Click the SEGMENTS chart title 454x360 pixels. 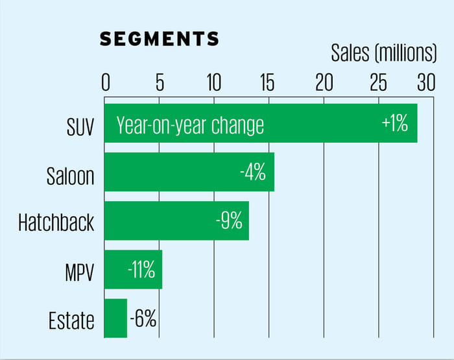[159, 39]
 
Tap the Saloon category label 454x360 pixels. [71, 176]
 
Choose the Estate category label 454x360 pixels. [71, 320]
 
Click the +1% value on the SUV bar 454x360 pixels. [395, 123]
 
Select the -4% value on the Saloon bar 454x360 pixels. [252, 172]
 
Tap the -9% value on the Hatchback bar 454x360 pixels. [228, 221]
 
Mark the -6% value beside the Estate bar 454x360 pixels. [143, 318]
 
